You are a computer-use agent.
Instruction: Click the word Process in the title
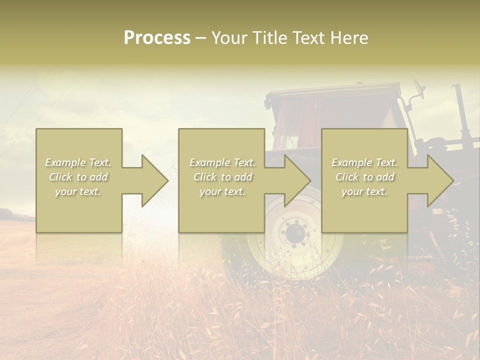click(x=157, y=38)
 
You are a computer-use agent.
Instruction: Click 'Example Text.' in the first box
click(x=78, y=162)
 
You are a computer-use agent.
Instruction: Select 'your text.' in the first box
click(x=78, y=191)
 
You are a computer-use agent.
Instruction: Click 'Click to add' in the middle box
click(x=222, y=177)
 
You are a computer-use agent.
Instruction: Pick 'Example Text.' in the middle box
click(x=222, y=162)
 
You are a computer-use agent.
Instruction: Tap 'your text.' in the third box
click(x=364, y=191)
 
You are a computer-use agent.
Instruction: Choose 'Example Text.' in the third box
click(x=364, y=162)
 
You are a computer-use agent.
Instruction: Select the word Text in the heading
click(x=309, y=38)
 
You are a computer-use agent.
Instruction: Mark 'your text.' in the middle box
click(x=222, y=191)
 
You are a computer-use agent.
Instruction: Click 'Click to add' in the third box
click(x=364, y=177)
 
